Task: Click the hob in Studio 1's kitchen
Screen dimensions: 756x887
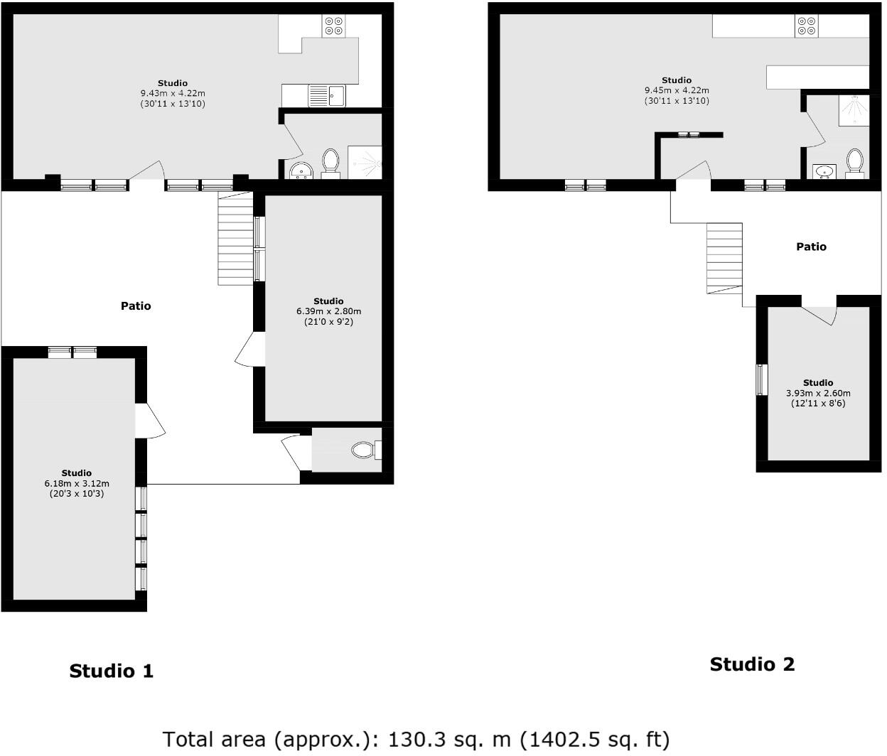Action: point(333,26)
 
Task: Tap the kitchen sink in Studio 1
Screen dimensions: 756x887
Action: point(326,95)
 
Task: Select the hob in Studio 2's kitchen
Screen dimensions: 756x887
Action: point(806,26)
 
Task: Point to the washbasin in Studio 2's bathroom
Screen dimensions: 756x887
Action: point(824,171)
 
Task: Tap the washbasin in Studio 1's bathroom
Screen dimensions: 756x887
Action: point(303,171)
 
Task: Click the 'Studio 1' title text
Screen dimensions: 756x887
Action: point(111,671)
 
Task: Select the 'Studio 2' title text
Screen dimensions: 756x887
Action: point(752,664)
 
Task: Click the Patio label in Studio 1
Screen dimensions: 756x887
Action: point(136,306)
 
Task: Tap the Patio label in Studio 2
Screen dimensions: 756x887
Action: point(811,247)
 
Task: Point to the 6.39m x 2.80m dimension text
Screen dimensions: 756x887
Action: point(328,311)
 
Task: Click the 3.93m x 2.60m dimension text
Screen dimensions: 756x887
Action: point(818,393)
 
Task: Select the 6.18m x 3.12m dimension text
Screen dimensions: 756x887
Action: point(76,483)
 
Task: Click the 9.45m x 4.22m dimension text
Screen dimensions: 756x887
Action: point(677,90)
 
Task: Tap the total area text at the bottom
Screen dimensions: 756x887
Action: point(416,740)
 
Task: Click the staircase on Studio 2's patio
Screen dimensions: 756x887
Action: point(724,259)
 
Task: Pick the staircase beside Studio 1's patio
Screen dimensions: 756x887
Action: point(235,239)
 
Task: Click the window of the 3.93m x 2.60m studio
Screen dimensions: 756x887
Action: point(762,379)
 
